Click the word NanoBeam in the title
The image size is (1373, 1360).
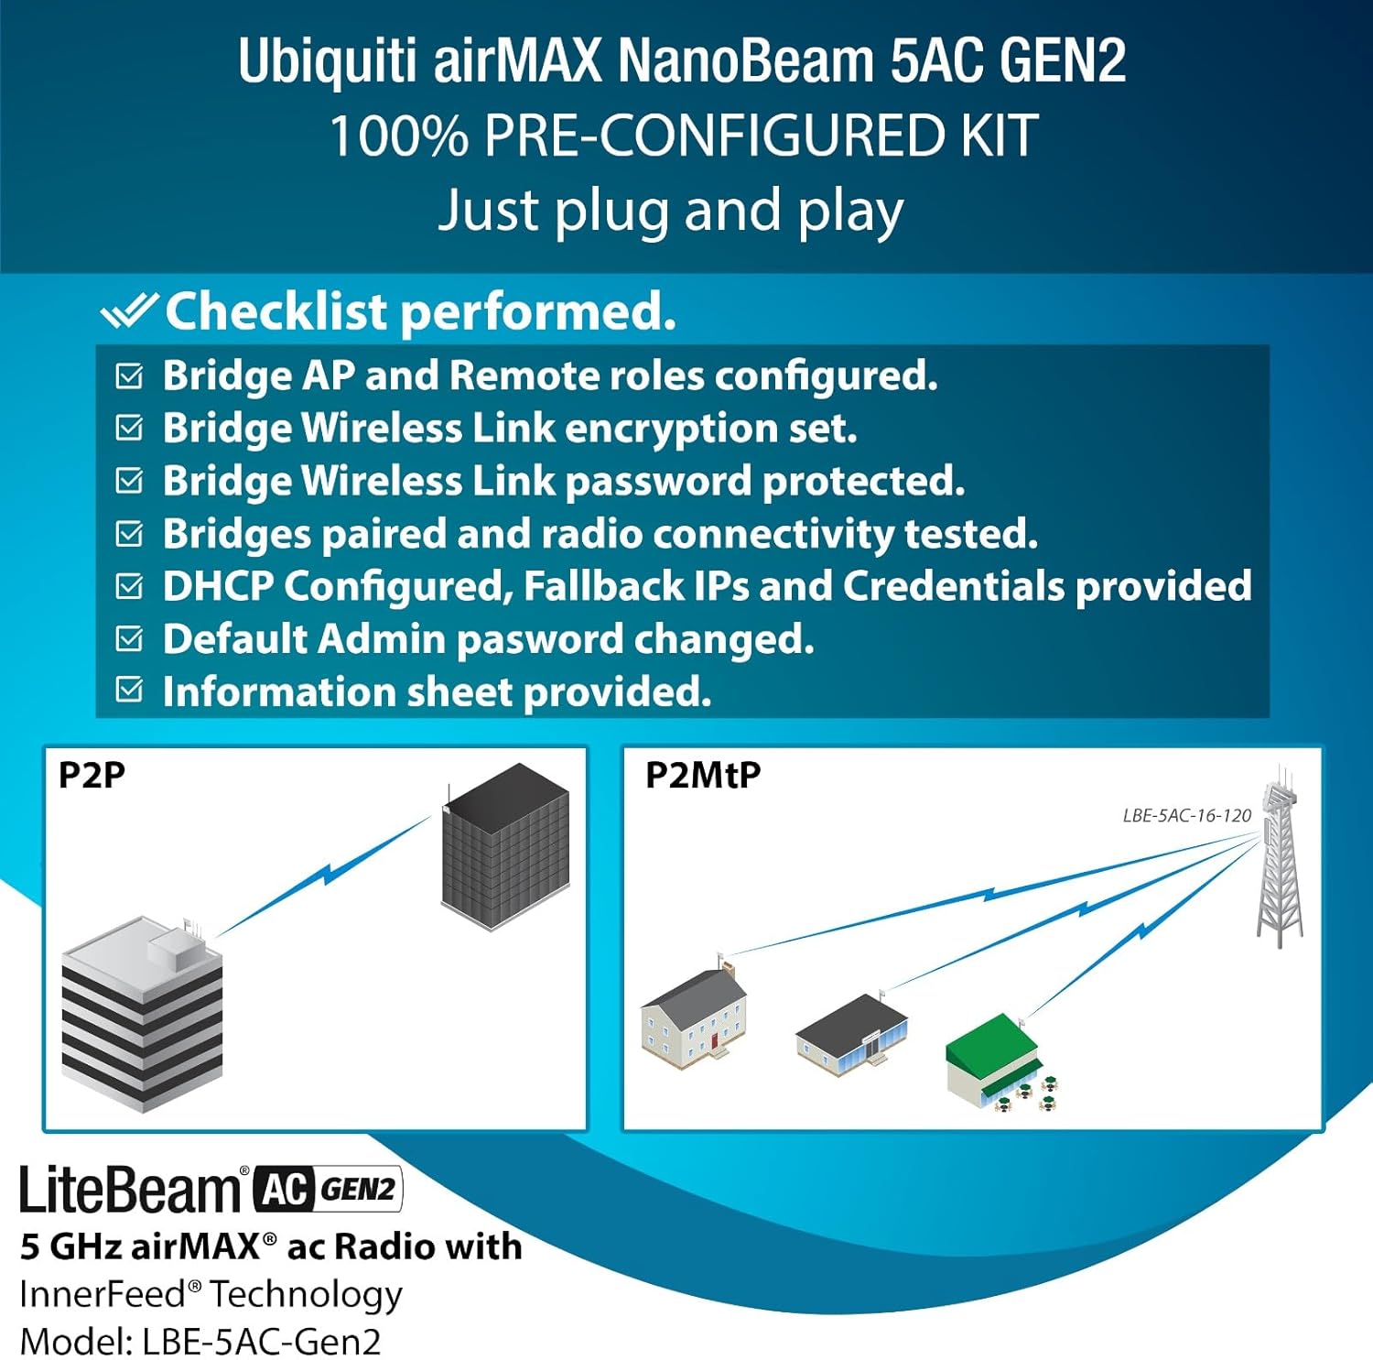pos(745,61)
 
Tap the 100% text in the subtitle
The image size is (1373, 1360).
pos(398,136)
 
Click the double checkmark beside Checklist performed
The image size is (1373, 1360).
pos(129,311)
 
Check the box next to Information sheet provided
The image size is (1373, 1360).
pos(130,690)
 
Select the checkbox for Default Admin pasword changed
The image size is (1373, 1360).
pos(130,637)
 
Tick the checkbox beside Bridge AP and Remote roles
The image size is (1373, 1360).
pos(130,375)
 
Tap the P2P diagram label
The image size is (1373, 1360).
pos(92,775)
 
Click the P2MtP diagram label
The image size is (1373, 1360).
pos(703,775)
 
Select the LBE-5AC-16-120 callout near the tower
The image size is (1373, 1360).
pos(1186,815)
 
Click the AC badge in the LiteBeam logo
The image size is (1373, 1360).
pos(284,1189)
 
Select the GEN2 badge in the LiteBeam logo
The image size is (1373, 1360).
pos(358,1189)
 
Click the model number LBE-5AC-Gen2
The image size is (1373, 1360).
pos(261,1342)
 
